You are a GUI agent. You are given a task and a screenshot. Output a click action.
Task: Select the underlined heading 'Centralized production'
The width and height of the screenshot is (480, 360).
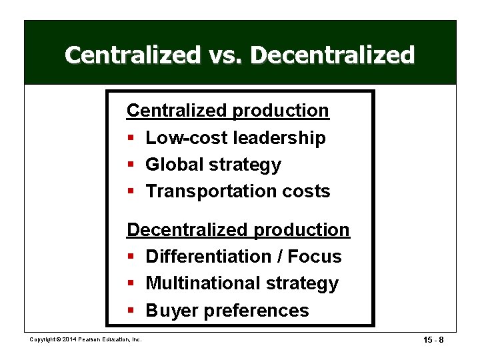227,110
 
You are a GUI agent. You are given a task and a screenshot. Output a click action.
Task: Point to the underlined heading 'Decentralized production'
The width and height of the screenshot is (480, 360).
238,229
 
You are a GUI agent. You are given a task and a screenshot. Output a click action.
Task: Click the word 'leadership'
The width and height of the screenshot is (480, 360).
280,138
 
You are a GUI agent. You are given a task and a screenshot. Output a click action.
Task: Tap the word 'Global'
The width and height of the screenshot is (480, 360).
175,164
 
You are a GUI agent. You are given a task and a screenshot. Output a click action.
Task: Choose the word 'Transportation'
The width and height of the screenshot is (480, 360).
210,191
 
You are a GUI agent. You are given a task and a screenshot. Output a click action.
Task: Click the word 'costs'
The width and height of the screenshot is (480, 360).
305,191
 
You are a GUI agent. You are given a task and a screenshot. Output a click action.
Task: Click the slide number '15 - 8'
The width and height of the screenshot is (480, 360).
434,341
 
